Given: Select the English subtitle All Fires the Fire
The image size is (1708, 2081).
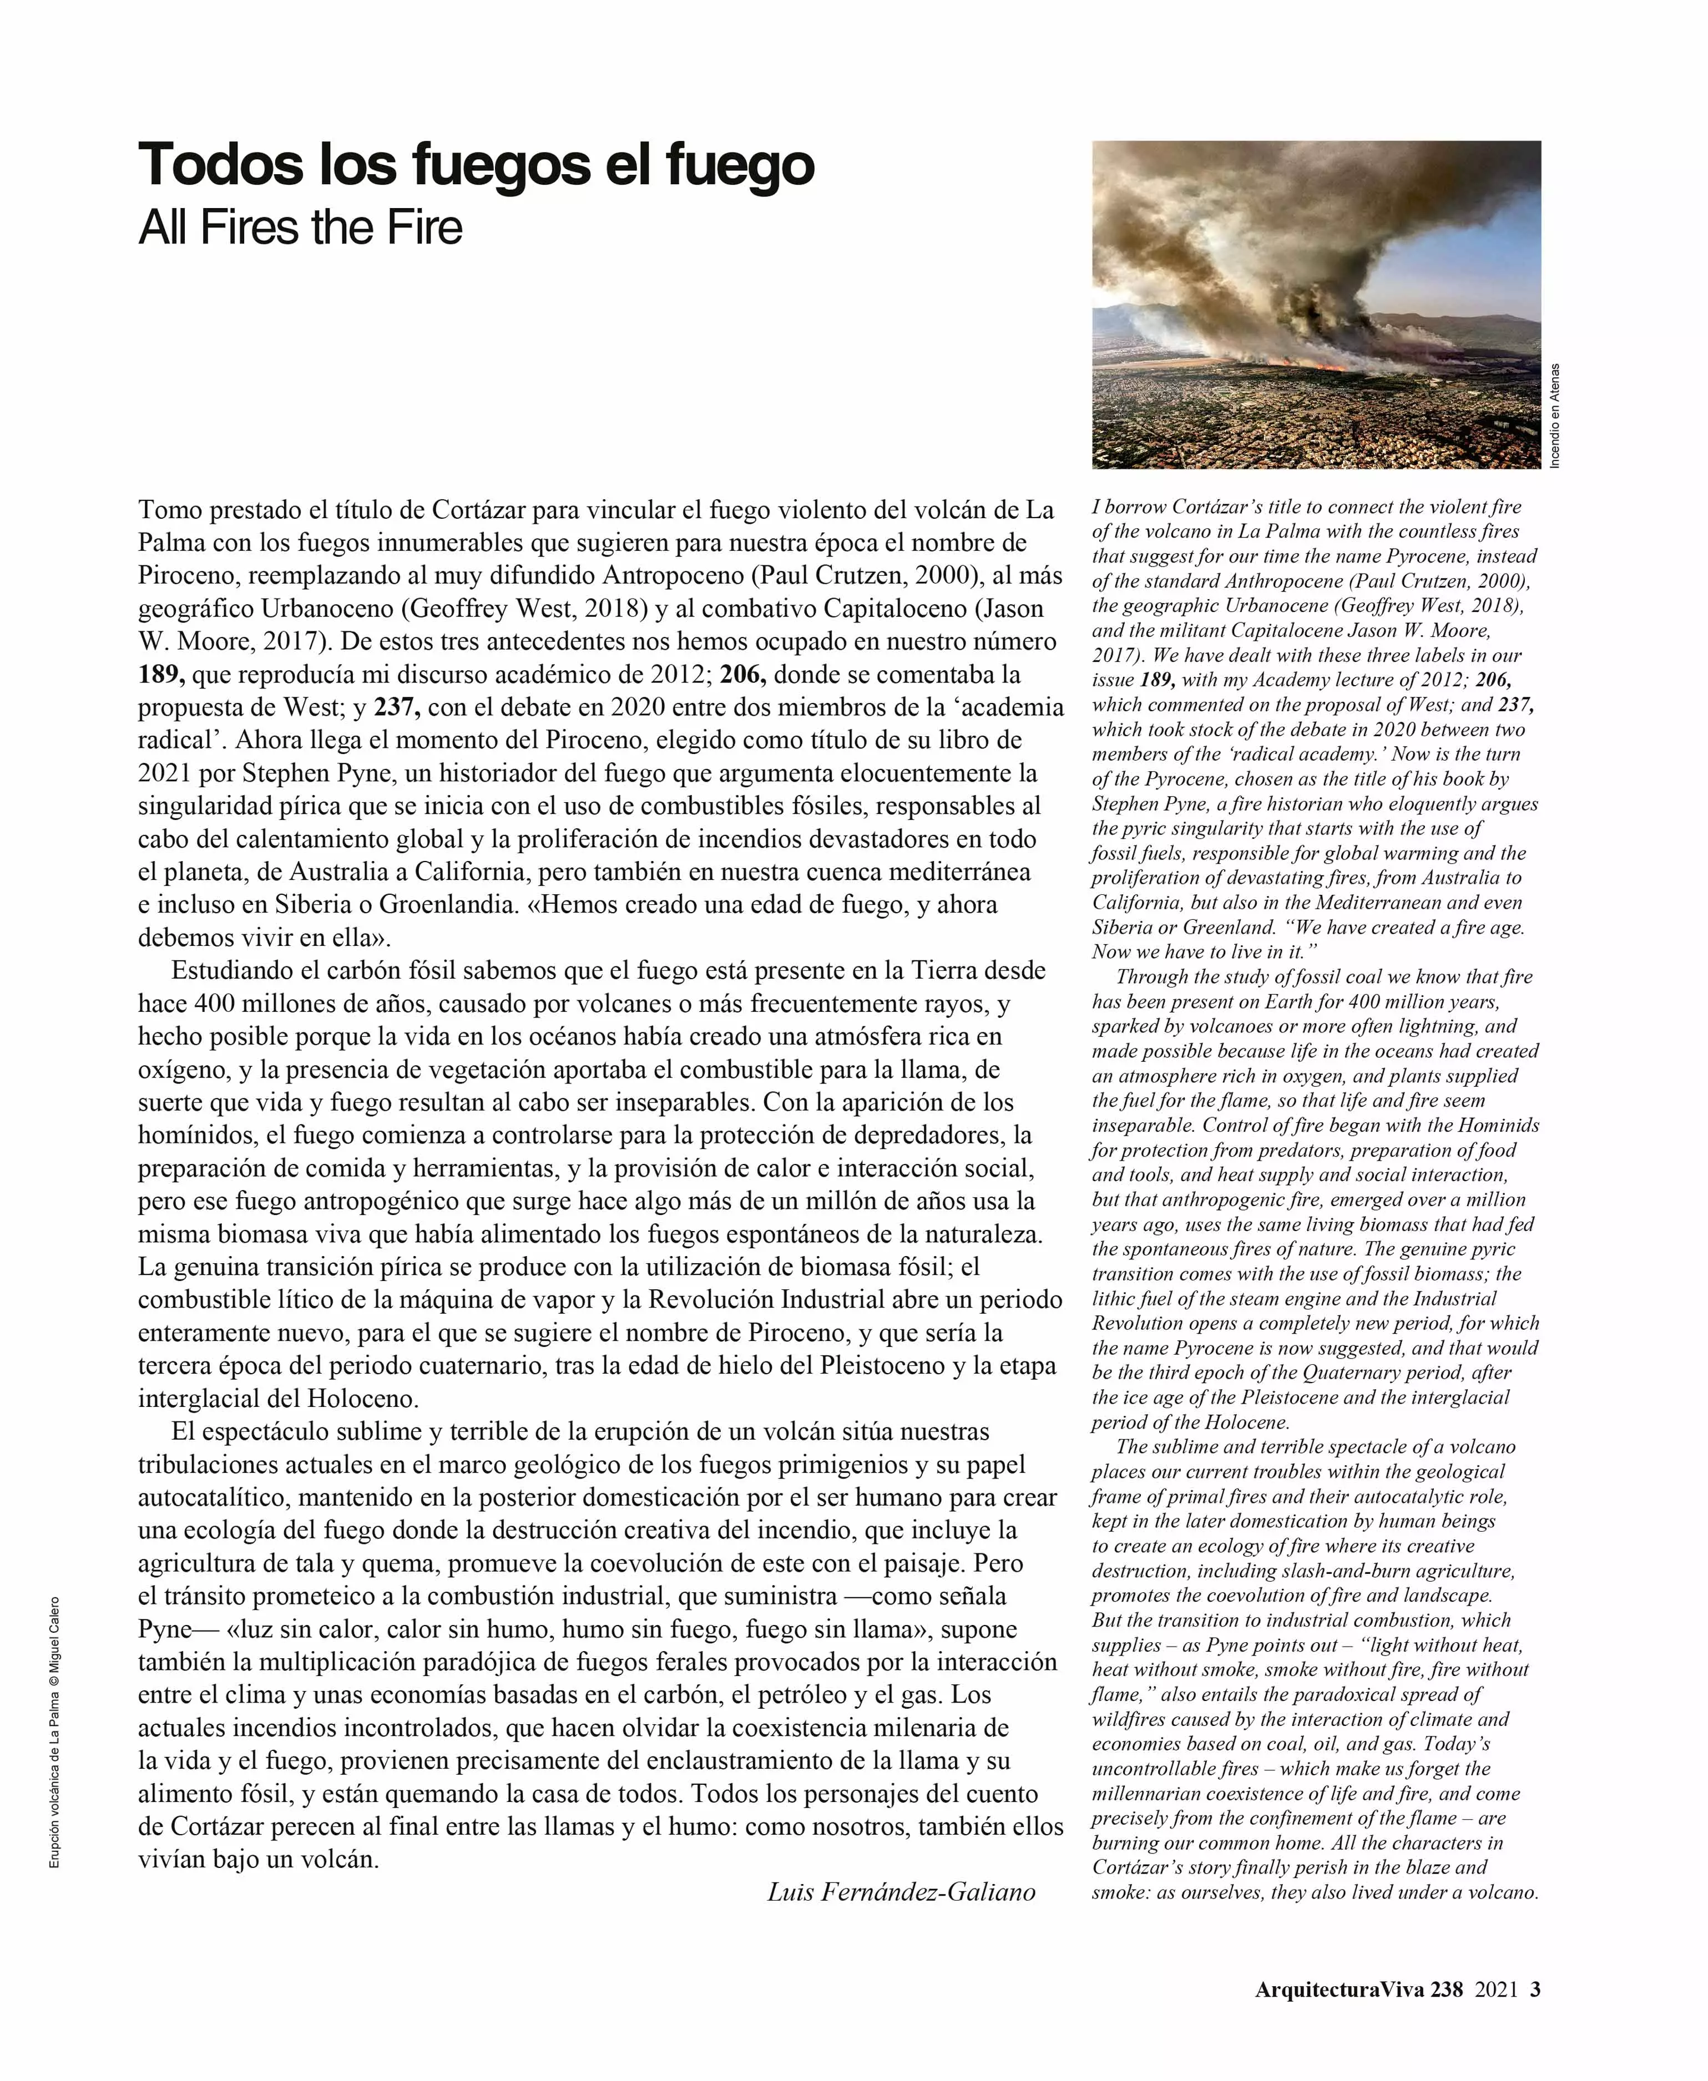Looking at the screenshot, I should click(300, 228).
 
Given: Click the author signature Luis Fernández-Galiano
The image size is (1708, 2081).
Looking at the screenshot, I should click(901, 1892).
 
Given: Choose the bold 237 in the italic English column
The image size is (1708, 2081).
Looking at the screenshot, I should click(1516, 704).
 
